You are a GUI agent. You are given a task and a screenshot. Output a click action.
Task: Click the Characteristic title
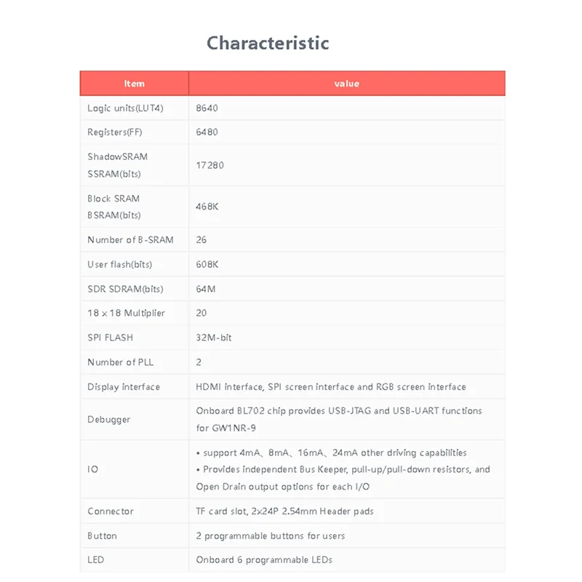tap(268, 43)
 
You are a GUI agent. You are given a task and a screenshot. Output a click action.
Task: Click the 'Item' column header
tap(135, 84)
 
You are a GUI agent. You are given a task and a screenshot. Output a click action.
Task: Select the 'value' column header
tap(346, 84)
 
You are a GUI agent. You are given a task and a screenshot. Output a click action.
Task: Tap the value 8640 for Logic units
tap(207, 108)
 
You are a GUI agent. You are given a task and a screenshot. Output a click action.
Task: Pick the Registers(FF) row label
tap(116, 132)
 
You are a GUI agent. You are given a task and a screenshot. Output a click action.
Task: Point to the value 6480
tap(207, 132)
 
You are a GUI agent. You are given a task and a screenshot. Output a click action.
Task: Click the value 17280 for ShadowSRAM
tap(210, 165)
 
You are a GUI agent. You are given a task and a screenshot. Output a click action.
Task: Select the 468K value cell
tap(207, 207)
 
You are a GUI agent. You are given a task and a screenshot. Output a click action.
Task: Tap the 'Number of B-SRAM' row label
tap(130, 240)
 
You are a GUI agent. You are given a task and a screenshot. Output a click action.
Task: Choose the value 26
tap(202, 240)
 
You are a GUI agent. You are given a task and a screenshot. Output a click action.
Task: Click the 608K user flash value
tap(207, 265)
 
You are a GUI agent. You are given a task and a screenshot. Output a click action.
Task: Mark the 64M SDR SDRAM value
tap(204, 289)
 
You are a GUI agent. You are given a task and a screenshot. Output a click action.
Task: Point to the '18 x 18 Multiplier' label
tap(126, 314)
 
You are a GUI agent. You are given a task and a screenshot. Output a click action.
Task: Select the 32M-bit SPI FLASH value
tap(214, 338)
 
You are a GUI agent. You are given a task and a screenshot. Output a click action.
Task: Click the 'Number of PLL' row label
tap(120, 362)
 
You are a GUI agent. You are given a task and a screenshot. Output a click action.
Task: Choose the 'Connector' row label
tap(111, 511)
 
